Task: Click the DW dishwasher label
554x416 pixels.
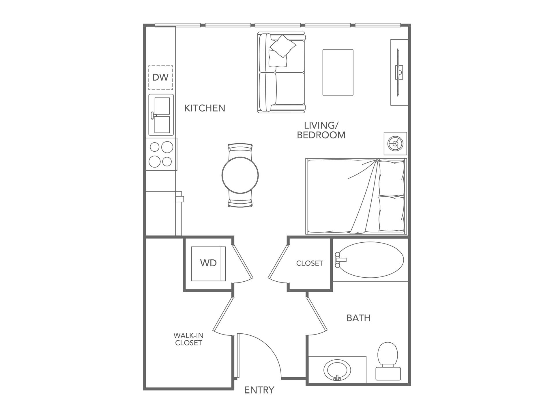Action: pos(160,77)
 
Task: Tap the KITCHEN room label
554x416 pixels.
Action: pos(205,108)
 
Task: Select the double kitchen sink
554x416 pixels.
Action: pos(162,115)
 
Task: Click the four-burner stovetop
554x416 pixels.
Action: pos(161,154)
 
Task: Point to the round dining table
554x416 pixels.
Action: pos(240,175)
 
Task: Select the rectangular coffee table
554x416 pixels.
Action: pos(338,72)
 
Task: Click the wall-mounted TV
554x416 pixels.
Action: pos(398,72)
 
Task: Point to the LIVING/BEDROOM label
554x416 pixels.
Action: pos(321,130)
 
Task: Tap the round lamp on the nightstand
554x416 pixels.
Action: pos(395,144)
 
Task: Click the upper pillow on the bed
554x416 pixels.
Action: pos(391,178)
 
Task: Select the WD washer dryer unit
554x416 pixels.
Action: pos(208,263)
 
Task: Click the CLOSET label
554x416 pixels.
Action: pos(310,263)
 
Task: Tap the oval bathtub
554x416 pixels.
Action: pos(370,260)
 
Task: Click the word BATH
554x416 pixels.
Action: pos(358,318)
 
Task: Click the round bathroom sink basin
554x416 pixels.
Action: pos(337,370)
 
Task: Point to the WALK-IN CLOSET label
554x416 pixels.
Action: pos(188,339)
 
